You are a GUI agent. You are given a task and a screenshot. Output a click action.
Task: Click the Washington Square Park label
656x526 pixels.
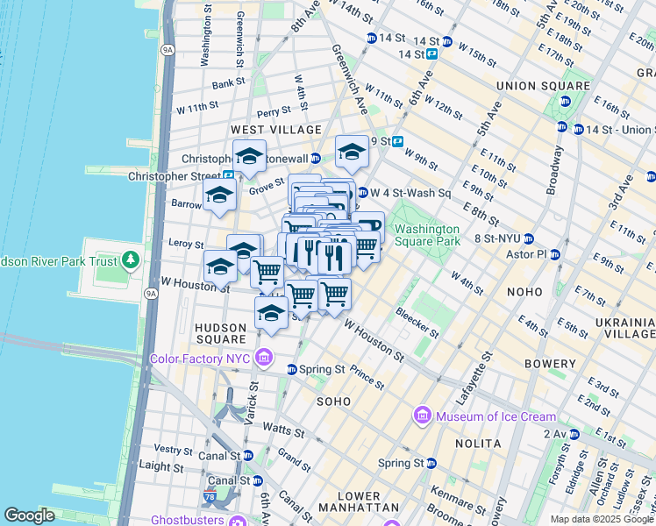[427, 234]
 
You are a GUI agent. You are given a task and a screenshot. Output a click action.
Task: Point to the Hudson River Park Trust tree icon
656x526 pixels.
[130, 259]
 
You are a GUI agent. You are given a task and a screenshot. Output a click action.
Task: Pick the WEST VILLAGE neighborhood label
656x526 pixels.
[265, 130]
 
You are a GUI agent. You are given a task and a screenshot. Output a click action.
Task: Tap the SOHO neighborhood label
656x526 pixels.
[335, 402]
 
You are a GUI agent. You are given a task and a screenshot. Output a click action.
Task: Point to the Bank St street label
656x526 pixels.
[228, 83]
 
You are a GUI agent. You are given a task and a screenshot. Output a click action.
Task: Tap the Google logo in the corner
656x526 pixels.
[30, 515]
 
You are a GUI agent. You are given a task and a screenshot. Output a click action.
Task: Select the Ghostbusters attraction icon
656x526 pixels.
[236, 521]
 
